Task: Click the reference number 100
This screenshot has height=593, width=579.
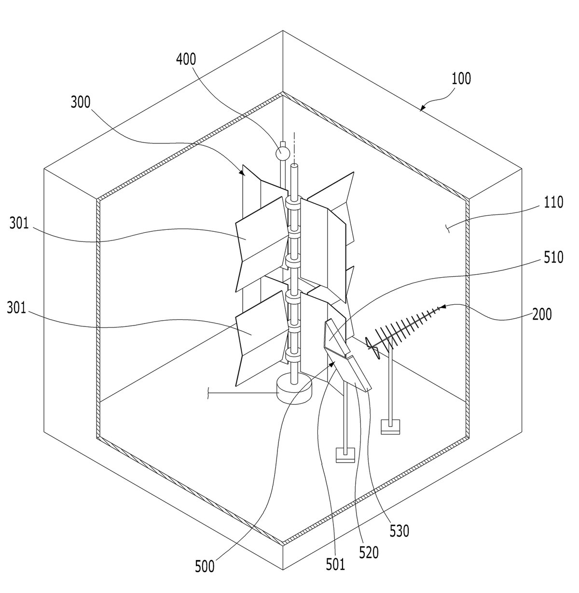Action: (x=461, y=78)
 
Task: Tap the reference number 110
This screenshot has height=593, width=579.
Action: (x=553, y=202)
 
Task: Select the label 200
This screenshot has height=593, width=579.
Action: (x=542, y=314)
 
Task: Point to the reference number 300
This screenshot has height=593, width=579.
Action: (x=81, y=102)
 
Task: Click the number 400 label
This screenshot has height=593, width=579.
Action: (x=186, y=59)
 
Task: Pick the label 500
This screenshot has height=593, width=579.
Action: (x=205, y=566)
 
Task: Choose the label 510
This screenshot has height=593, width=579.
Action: (x=553, y=257)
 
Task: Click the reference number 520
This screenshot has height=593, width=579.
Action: (x=369, y=552)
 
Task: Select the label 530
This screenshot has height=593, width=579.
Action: (x=400, y=531)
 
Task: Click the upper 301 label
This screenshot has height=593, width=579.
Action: (x=19, y=223)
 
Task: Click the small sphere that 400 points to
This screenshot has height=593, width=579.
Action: (x=282, y=153)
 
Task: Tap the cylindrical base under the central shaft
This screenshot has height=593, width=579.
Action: (x=294, y=391)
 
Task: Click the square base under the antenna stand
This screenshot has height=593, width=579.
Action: (x=390, y=426)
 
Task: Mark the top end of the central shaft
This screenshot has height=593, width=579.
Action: (x=294, y=167)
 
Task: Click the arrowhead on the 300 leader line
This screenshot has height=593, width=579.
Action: (x=242, y=173)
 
